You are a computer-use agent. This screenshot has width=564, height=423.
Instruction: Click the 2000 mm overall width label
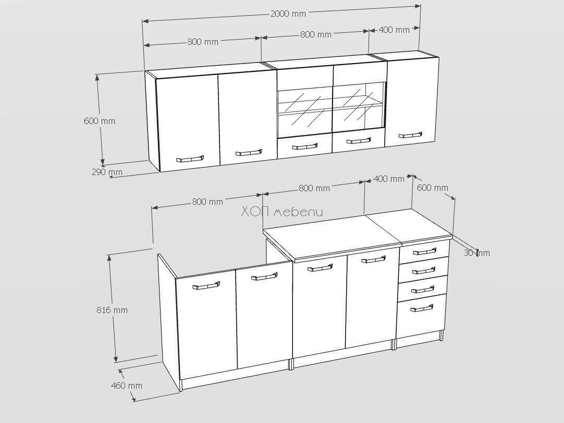coord(288,14)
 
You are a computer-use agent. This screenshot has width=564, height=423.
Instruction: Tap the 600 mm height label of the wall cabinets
coord(100,121)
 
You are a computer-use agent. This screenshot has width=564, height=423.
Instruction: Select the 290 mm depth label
coord(107,172)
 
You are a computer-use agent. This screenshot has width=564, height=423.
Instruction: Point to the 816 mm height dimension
coord(112,310)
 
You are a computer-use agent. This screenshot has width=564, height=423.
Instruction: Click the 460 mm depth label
coord(127,385)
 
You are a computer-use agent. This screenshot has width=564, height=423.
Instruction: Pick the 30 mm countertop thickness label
coord(476,253)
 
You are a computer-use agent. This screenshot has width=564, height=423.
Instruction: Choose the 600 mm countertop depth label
coord(433,188)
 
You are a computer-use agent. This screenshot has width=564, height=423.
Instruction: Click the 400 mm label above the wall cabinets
coord(394,30)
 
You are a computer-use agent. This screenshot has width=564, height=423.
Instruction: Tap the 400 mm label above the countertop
coord(389,179)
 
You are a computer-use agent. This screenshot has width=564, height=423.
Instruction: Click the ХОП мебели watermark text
coord(281,212)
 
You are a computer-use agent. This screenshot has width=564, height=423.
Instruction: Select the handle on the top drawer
coord(425,251)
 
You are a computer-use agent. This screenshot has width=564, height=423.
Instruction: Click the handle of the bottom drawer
coord(422,308)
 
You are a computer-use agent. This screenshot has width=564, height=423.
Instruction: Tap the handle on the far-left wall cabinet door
coord(190,159)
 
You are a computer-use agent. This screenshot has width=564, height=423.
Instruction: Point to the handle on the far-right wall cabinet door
coord(410,135)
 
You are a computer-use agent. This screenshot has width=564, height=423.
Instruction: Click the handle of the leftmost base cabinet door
coord(206,286)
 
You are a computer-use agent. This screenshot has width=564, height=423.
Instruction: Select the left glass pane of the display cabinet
coord(304,109)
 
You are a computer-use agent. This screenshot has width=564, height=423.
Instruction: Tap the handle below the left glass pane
coord(305,146)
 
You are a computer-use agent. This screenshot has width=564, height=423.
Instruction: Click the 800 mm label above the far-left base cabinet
coord(207,202)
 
